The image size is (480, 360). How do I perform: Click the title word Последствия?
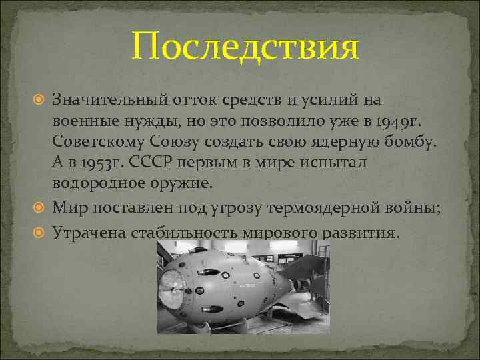pos(245,47)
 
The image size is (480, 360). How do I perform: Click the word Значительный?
pos(110,100)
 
